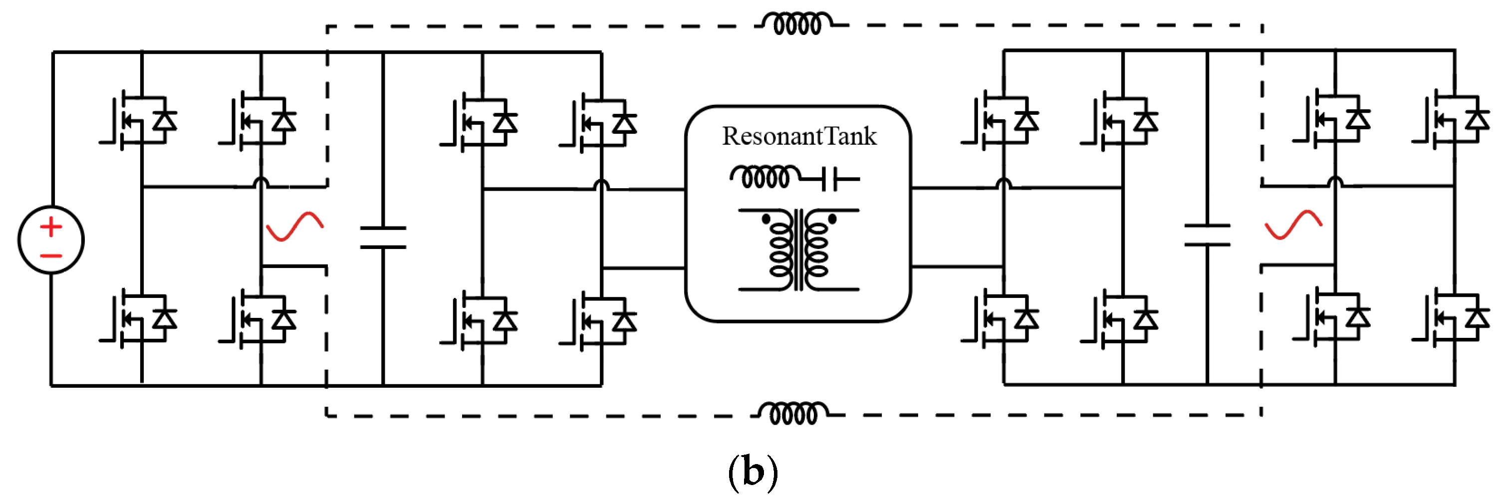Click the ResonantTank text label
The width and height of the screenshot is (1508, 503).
[x=799, y=136]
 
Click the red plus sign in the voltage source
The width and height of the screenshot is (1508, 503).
[x=51, y=227]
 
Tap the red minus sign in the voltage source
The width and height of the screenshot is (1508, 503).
[x=51, y=256]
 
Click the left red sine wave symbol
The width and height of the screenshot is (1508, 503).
[x=294, y=226]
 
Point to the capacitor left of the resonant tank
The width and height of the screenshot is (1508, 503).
[x=383, y=237]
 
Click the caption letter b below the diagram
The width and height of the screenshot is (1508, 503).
[x=754, y=472]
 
